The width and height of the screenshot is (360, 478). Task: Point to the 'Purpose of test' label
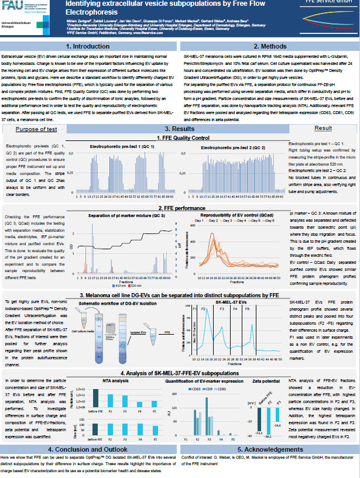coord(36,129)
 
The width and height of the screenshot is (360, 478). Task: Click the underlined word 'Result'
coord(323,128)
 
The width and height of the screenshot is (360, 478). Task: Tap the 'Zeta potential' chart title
coord(262,381)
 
